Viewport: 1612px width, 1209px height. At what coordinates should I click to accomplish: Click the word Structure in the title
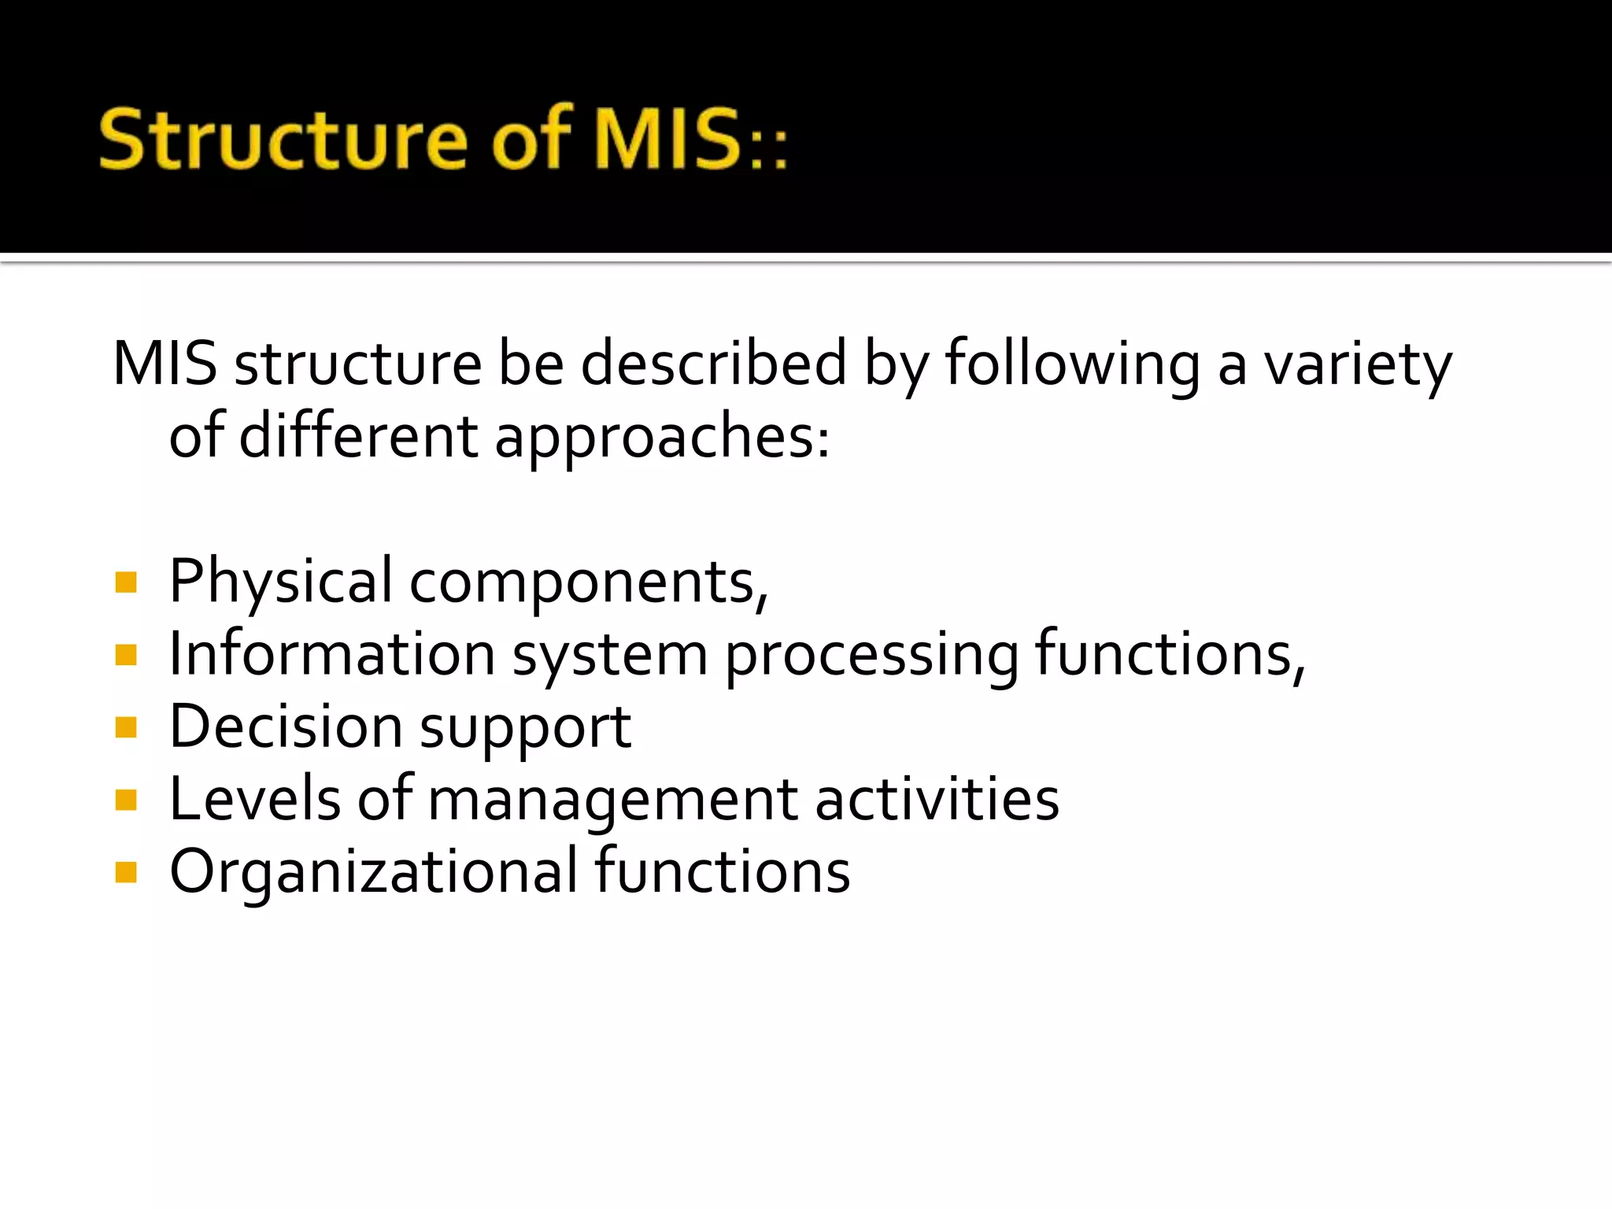[x=283, y=140]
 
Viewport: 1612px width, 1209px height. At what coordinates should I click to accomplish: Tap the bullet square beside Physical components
[x=126, y=582]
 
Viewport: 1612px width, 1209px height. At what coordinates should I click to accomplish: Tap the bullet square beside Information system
[x=126, y=655]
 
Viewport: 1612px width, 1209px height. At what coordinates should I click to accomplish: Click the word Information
[x=332, y=653]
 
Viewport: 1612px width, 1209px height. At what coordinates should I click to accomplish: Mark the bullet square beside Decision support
[x=126, y=727]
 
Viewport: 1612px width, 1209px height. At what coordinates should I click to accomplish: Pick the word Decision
[x=286, y=726]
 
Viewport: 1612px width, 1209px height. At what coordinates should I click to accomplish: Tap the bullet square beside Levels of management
[x=126, y=800]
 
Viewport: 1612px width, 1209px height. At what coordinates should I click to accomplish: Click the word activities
[x=937, y=798]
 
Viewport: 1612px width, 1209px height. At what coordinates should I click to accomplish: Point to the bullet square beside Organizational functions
[x=126, y=872]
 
